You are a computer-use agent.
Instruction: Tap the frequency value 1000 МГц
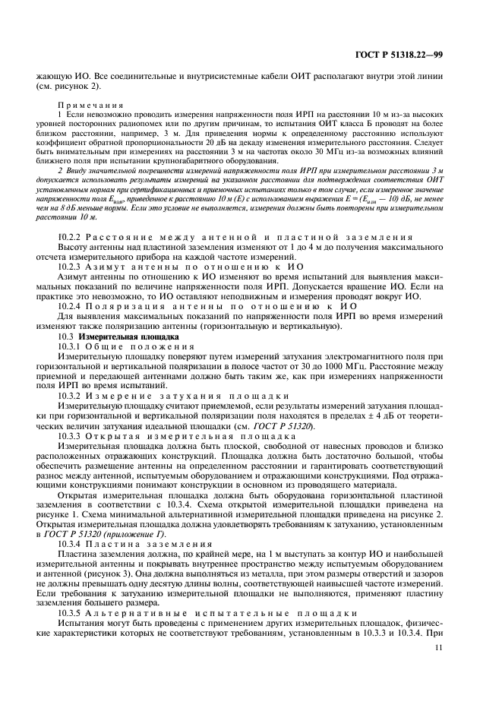[x=321, y=377]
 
